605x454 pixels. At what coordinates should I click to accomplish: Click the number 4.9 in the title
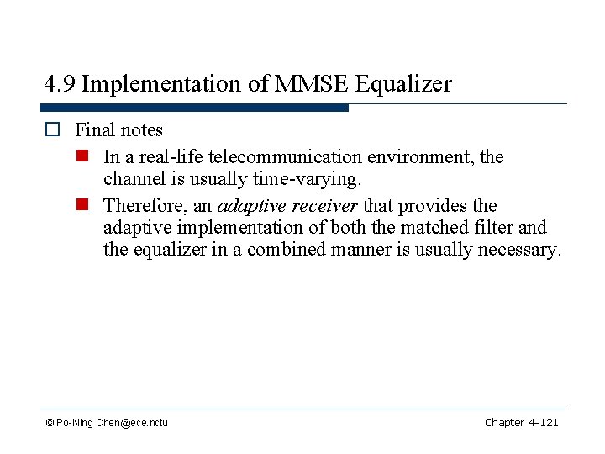click(x=60, y=84)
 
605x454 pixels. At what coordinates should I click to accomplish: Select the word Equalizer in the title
click(x=404, y=84)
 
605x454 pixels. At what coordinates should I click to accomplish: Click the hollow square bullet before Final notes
click(x=52, y=130)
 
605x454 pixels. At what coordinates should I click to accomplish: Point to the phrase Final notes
click(x=118, y=130)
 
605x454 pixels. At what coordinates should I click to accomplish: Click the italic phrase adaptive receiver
click(x=287, y=206)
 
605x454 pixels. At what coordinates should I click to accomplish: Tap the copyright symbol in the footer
click(x=50, y=423)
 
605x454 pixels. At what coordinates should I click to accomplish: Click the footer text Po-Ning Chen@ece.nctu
click(x=111, y=423)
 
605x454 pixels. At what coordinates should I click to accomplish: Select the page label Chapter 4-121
click(x=521, y=423)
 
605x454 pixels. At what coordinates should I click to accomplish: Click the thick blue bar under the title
click(x=194, y=108)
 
